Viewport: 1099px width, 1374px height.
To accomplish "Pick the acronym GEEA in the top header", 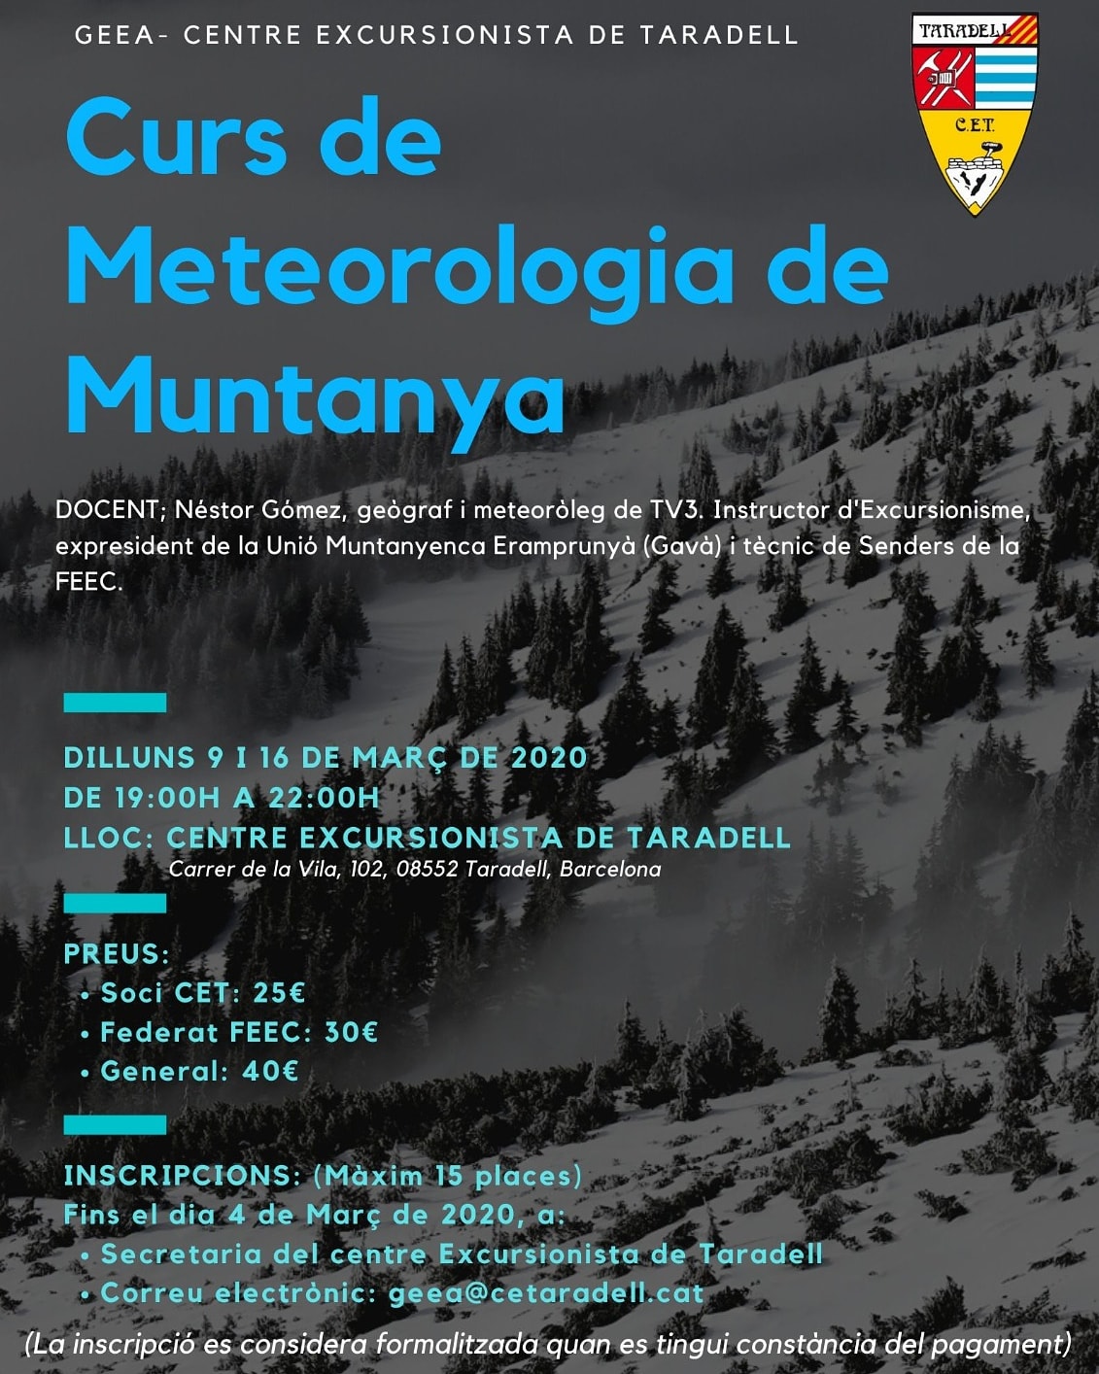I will (114, 35).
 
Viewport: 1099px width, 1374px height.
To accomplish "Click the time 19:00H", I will (167, 798).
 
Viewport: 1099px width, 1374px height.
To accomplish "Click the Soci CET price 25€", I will (279, 993).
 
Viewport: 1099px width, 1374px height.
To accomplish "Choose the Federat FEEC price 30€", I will (351, 1032).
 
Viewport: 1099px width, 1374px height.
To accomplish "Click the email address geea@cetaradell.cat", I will (545, 1293).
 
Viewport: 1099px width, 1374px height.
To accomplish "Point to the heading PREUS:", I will (117, 954).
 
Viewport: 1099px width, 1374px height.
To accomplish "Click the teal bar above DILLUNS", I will (115, 703).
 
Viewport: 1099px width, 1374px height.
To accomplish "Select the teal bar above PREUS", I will (115, 904).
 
